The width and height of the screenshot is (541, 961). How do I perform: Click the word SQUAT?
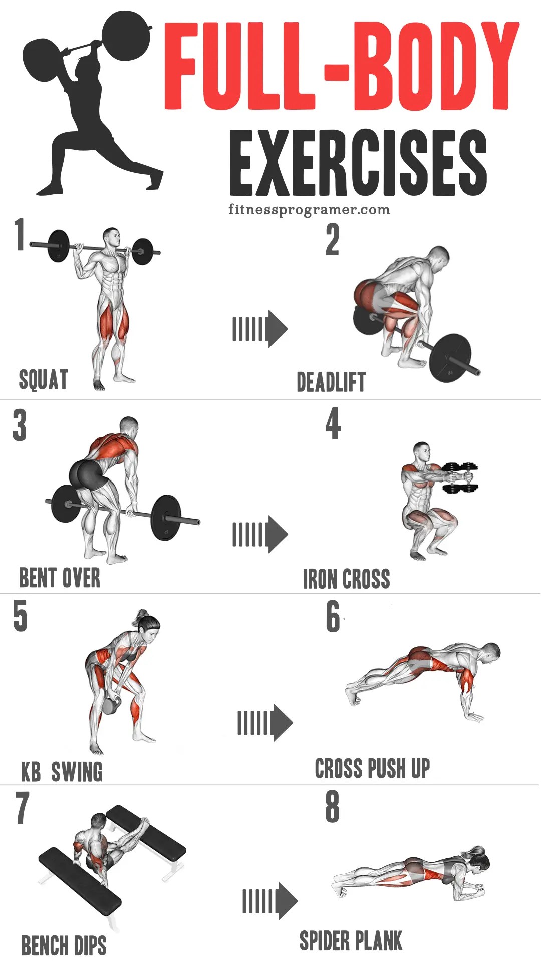pos(43,379)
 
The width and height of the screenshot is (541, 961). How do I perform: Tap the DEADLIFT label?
pos(331,382)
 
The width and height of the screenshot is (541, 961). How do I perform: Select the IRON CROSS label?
pos(346,579)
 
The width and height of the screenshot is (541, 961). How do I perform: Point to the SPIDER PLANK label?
pos(351,941)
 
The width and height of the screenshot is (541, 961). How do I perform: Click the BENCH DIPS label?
pos(64,946)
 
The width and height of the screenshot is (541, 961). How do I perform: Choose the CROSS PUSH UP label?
pos(372,768)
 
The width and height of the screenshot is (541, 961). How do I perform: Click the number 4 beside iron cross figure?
pos(333,424)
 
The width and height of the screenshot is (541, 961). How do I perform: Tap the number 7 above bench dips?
pos(22,807)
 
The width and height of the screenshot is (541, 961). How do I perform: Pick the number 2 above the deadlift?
pos(332,240)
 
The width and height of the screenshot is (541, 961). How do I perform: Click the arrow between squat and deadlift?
pos(260,329)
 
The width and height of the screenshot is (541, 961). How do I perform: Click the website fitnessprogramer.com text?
pos(309,209)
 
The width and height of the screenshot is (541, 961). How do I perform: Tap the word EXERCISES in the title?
pos(358,163)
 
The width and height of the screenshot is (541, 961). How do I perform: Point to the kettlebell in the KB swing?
pos(109,706)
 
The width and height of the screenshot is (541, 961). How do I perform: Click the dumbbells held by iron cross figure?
pos(462,478)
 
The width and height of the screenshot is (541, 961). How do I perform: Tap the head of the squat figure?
pos(111,237)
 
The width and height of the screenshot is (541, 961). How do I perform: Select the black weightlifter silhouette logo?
pos(90,100)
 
